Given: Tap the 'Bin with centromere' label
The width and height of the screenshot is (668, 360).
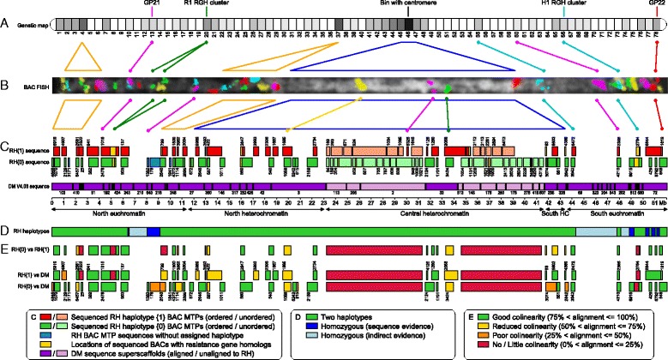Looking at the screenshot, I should click(407, 4).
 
